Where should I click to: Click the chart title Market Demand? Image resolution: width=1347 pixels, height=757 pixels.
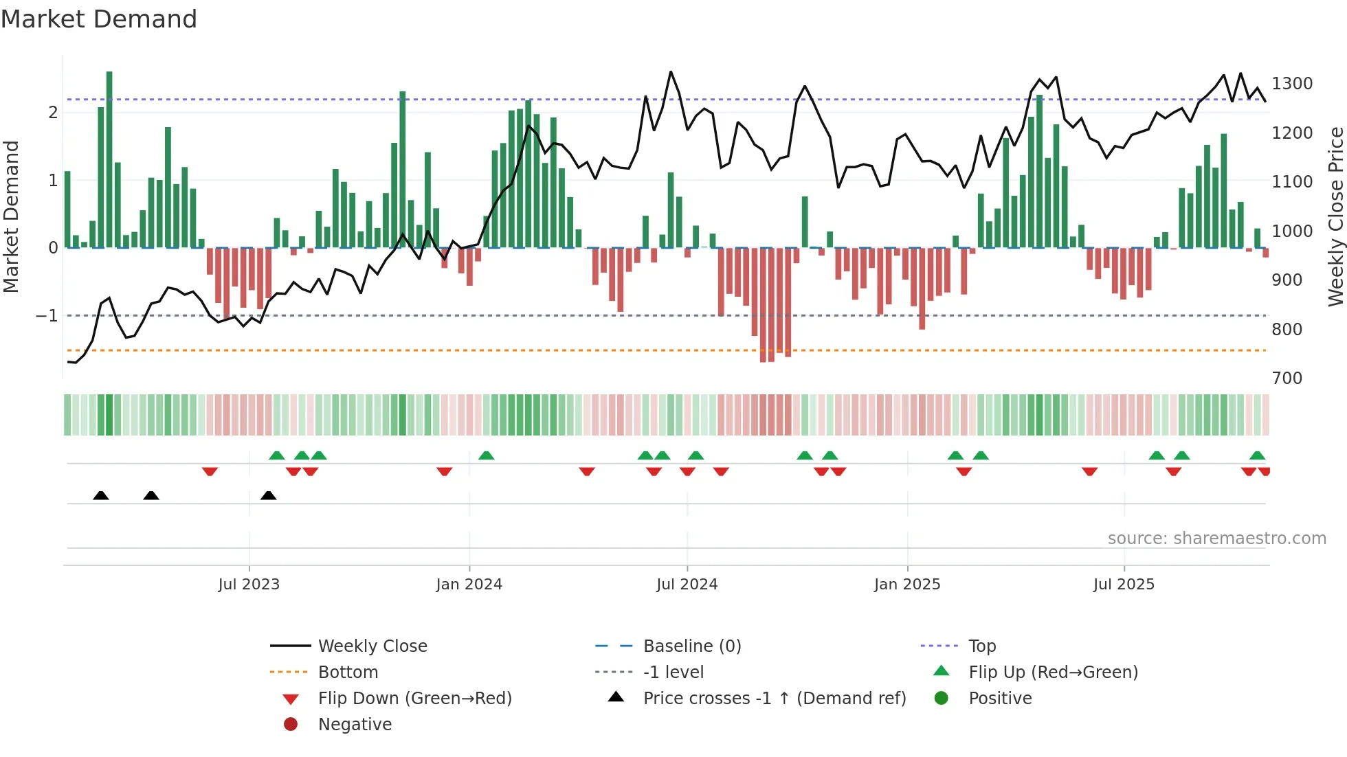pos(99,19)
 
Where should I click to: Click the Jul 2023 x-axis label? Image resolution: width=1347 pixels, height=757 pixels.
pos(249,585)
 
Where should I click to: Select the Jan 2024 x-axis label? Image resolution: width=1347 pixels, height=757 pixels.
pos(469,585)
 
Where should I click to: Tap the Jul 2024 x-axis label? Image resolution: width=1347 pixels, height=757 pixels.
pos(687,585)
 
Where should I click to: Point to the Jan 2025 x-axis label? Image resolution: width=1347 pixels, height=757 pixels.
pos(906,585)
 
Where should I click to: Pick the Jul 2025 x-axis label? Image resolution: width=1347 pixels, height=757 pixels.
pos(1124,585)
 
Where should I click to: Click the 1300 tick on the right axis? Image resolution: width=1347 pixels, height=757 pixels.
pos(1291,84)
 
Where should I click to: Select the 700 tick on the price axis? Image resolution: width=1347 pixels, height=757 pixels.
pos(1287,378)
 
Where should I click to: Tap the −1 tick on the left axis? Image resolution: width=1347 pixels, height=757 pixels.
pos(47,316)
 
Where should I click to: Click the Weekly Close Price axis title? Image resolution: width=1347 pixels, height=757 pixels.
pos(1335,216)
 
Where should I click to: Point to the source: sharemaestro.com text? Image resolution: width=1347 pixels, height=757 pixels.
pos(1216,539)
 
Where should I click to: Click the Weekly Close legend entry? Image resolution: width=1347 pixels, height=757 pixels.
pos(372,646)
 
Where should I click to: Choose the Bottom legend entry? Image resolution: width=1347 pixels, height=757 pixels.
pos(348,673)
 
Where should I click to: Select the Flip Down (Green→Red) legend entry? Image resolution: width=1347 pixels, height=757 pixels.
pos(414,699)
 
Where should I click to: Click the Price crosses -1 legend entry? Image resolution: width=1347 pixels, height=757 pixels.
pos(774,699)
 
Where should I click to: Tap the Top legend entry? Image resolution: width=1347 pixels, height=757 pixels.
pos(981,646)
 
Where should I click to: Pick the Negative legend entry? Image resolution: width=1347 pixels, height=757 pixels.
pos(355,725)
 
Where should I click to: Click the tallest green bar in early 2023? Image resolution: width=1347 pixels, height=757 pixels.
pos(109,158)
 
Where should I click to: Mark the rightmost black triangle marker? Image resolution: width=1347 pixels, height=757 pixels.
pos(269,496)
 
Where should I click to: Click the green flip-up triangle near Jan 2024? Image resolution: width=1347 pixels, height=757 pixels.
pos(486,455)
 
